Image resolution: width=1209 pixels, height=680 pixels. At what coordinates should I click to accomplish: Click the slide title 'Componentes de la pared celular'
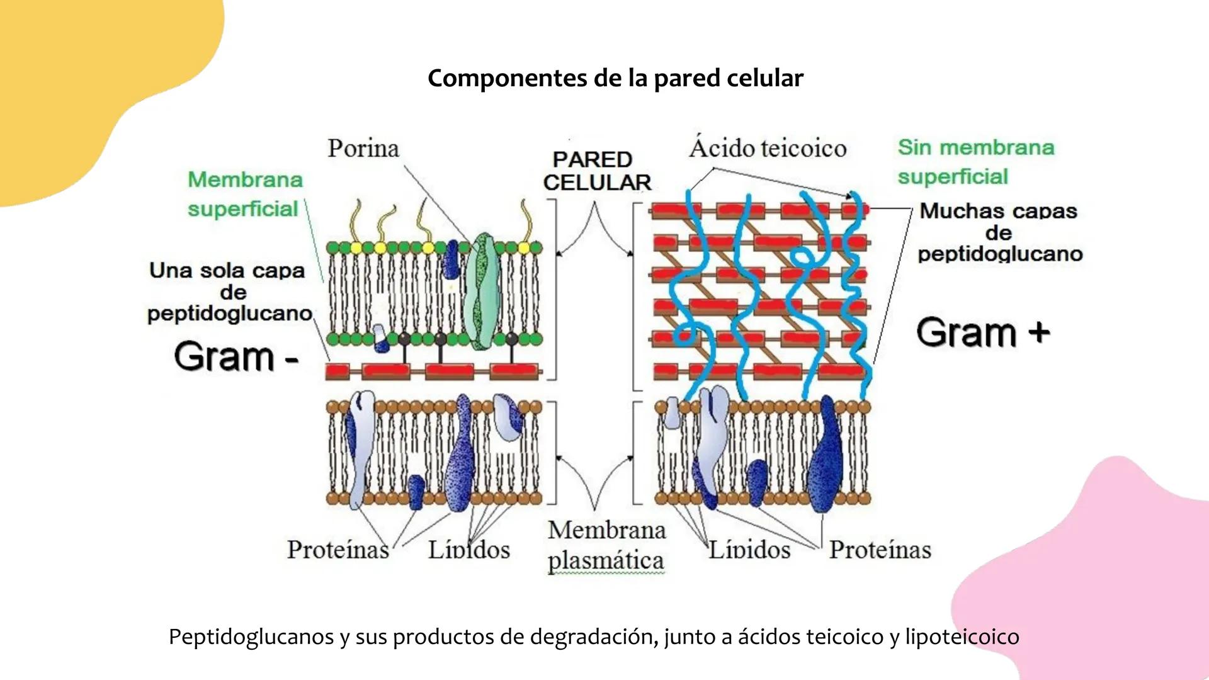click(615, 79)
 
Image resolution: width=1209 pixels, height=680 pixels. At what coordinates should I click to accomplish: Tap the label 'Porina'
click(363, 149)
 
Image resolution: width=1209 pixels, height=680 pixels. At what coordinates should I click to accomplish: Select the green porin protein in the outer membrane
click(482, 291)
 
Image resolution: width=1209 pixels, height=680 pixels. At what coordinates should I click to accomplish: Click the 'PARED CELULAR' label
click(596, 171)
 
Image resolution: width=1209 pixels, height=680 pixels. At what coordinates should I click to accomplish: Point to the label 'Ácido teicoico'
click(768, 148)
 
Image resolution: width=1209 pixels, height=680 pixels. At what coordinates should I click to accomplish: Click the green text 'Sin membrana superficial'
click(975, 162)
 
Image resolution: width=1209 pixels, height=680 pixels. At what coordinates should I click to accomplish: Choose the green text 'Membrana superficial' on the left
click(244, 194)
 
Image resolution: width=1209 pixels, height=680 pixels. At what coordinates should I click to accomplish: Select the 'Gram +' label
click(983, 332)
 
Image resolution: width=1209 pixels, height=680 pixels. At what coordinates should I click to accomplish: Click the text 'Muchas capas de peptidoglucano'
click(999, 232)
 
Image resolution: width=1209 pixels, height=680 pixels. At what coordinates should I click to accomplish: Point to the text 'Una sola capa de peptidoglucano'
click(230, 292)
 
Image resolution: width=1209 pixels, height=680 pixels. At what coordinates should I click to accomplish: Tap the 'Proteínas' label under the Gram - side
click(338, 550)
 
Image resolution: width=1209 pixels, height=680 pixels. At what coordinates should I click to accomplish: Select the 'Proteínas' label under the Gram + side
click(880, 550)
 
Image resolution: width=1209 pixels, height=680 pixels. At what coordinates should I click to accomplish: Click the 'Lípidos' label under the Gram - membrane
click(469, 550)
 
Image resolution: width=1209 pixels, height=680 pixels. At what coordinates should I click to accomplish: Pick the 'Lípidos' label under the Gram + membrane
click(749, 550)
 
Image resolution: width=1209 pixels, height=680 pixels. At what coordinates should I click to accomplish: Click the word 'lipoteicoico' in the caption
click(962, 637)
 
